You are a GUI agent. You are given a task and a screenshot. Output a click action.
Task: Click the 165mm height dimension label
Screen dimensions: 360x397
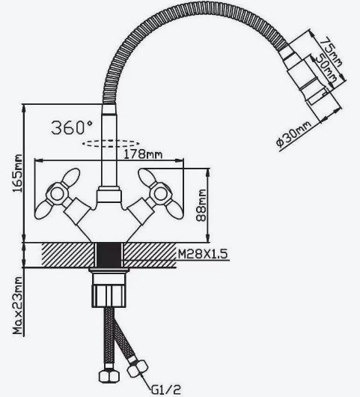pos(17,173)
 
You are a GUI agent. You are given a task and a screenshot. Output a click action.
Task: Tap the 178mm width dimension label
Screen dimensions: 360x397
pos(143,154)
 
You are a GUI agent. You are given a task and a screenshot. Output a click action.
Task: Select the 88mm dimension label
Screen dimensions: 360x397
pos(201,205)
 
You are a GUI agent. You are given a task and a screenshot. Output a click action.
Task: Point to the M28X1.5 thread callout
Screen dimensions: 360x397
pos(203,254)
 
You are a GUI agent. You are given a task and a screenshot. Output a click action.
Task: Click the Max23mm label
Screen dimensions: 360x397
pos(17,306)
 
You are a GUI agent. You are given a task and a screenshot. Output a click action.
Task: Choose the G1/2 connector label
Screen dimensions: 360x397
pos(166,390)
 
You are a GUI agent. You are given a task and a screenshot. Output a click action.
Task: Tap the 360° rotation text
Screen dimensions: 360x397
pos(72,127)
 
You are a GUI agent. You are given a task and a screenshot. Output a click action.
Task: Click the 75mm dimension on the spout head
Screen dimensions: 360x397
pos(330,52)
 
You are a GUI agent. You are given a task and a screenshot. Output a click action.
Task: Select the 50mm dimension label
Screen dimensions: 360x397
pos(326,68)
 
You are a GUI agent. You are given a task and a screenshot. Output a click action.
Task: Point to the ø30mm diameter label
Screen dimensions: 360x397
pos(293,133)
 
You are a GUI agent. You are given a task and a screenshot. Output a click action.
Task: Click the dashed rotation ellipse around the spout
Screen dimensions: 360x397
pos(111,144)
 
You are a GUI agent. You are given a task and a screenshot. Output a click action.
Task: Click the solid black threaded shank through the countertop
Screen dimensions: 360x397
pos(109,255)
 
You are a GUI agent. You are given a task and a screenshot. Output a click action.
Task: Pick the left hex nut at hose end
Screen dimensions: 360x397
pos(109,377)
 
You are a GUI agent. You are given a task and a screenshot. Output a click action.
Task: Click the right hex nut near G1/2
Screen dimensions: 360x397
pos(137,369)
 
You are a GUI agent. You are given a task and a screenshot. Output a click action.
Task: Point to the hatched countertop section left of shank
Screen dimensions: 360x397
pos(68,255)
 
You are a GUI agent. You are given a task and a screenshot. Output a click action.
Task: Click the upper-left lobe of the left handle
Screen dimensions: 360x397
pos(71,177)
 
